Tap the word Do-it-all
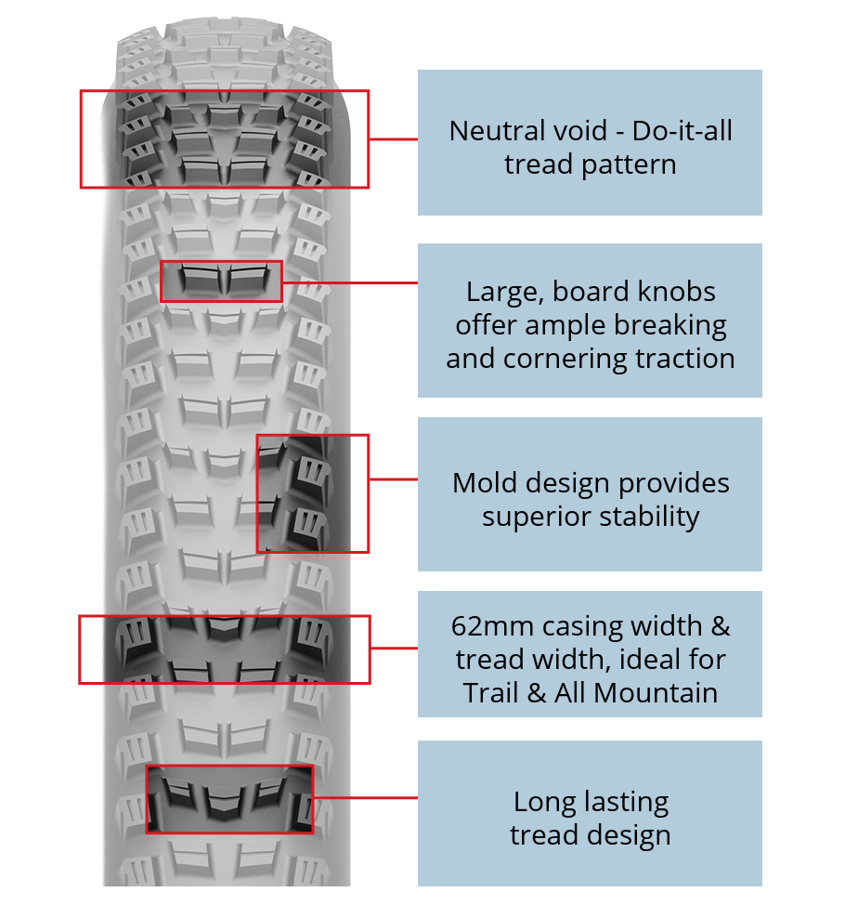tap(682, 131)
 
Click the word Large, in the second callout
tap(505, 293)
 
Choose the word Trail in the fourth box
tap(491, 693)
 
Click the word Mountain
tap(656, 693)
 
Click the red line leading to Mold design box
tap(394, 479)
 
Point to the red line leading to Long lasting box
tap(366, 797)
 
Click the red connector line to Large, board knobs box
tap(350, 282)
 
